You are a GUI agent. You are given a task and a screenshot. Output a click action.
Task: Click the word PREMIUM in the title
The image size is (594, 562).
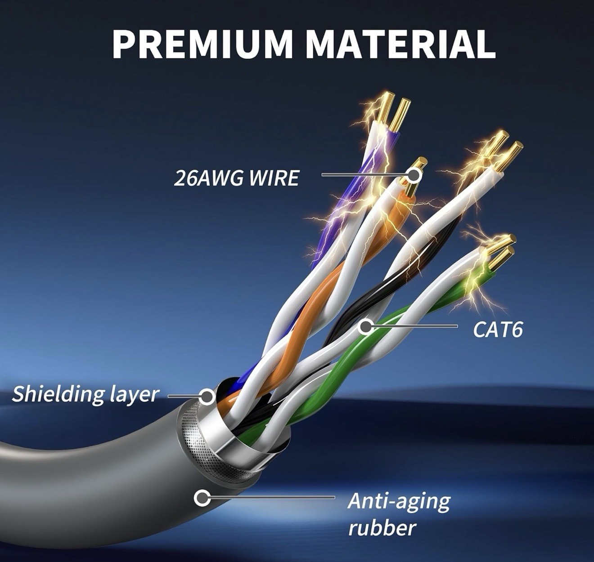202,44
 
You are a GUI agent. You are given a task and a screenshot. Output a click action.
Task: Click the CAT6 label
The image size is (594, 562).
498,330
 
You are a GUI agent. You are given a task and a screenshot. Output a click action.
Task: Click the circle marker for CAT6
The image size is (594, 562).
366,326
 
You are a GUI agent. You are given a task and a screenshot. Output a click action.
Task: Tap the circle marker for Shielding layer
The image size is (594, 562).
207,396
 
